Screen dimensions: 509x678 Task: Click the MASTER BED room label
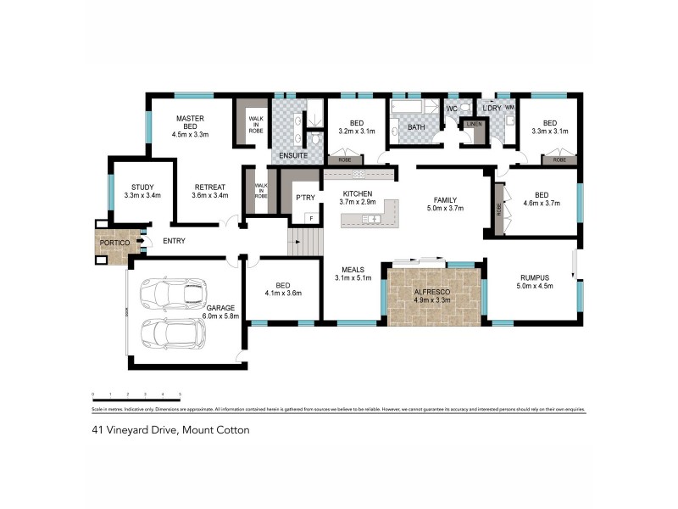click(x=190, y=126)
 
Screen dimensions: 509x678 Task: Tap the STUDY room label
click(x=142, y=192)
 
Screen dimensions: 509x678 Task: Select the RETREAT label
click(x=209, y=192)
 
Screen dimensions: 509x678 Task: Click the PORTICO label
click(x=114, y=242)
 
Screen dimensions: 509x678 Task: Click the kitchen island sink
click(x=370, y=220)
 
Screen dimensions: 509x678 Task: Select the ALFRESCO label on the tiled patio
click(x=431, y=294)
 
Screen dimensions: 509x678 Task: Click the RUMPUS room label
click(x=535, y=281)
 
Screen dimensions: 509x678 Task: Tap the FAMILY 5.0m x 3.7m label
click(x=446, y=201)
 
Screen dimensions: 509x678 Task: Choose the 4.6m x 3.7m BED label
click(x=543, y=199)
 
